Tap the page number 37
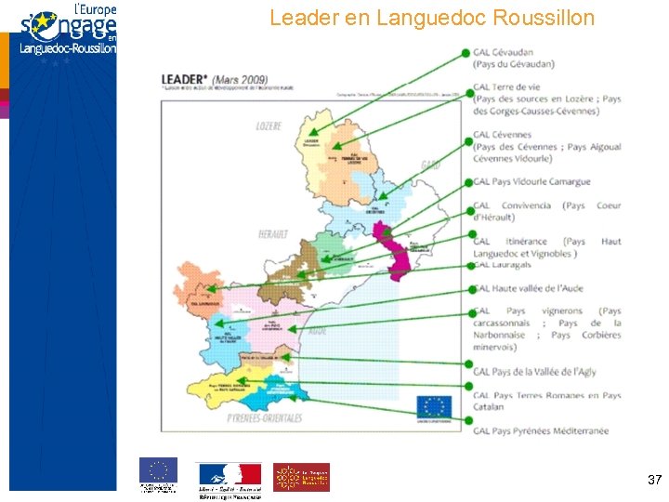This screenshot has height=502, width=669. pos(654,480)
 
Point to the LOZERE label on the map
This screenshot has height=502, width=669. pos(269,125)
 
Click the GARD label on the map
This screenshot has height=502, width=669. pos(429,165)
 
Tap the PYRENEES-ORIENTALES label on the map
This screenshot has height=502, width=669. pos(265,418)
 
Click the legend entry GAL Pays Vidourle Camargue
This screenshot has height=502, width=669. pos(531,182)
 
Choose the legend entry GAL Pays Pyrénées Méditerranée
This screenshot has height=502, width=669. pos(541,430)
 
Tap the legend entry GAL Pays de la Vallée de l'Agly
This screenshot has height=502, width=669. pos(534,372)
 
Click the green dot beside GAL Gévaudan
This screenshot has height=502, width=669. pos(466,54)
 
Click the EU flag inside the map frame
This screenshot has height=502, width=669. pos(434,407)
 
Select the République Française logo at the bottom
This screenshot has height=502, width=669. pos(229,477)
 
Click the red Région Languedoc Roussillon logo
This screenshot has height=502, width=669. pos(301,477)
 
